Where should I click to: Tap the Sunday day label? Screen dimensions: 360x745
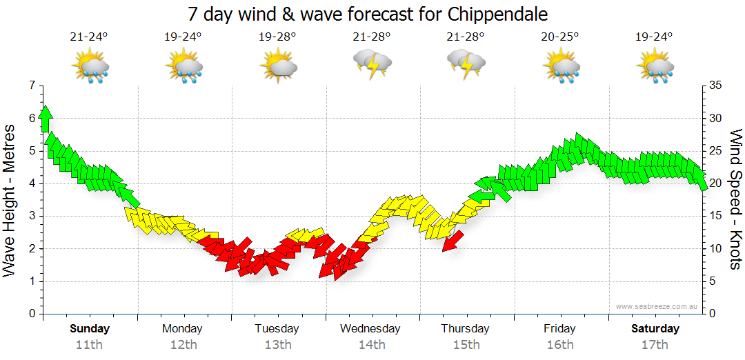click(90, 328)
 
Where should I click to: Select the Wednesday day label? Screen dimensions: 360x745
click(370, 328)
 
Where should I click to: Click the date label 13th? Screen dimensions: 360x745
click(277, 344)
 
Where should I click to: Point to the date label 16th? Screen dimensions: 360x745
click(559, 344)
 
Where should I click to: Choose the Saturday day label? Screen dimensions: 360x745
click(655, 328)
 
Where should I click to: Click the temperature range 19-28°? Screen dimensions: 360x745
click(277, 37)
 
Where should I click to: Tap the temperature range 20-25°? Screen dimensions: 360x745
click(559, 37)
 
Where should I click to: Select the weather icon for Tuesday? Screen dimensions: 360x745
click(278, 67)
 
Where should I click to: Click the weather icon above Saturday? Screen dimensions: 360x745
click(655, 67)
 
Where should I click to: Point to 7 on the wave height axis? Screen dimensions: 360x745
click(31, 86)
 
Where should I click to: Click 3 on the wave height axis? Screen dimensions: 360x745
click(31, 216)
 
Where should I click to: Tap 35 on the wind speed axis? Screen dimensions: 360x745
click(715, 86)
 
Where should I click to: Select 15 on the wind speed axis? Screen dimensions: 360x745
click(715, 216)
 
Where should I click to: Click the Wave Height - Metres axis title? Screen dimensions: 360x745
click(10, 200)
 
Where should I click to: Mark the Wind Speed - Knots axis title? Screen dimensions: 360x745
click(735, 200)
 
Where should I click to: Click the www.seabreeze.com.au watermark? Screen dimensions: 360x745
click(657, 306)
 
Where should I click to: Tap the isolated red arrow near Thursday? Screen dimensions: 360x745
click(453, 241)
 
